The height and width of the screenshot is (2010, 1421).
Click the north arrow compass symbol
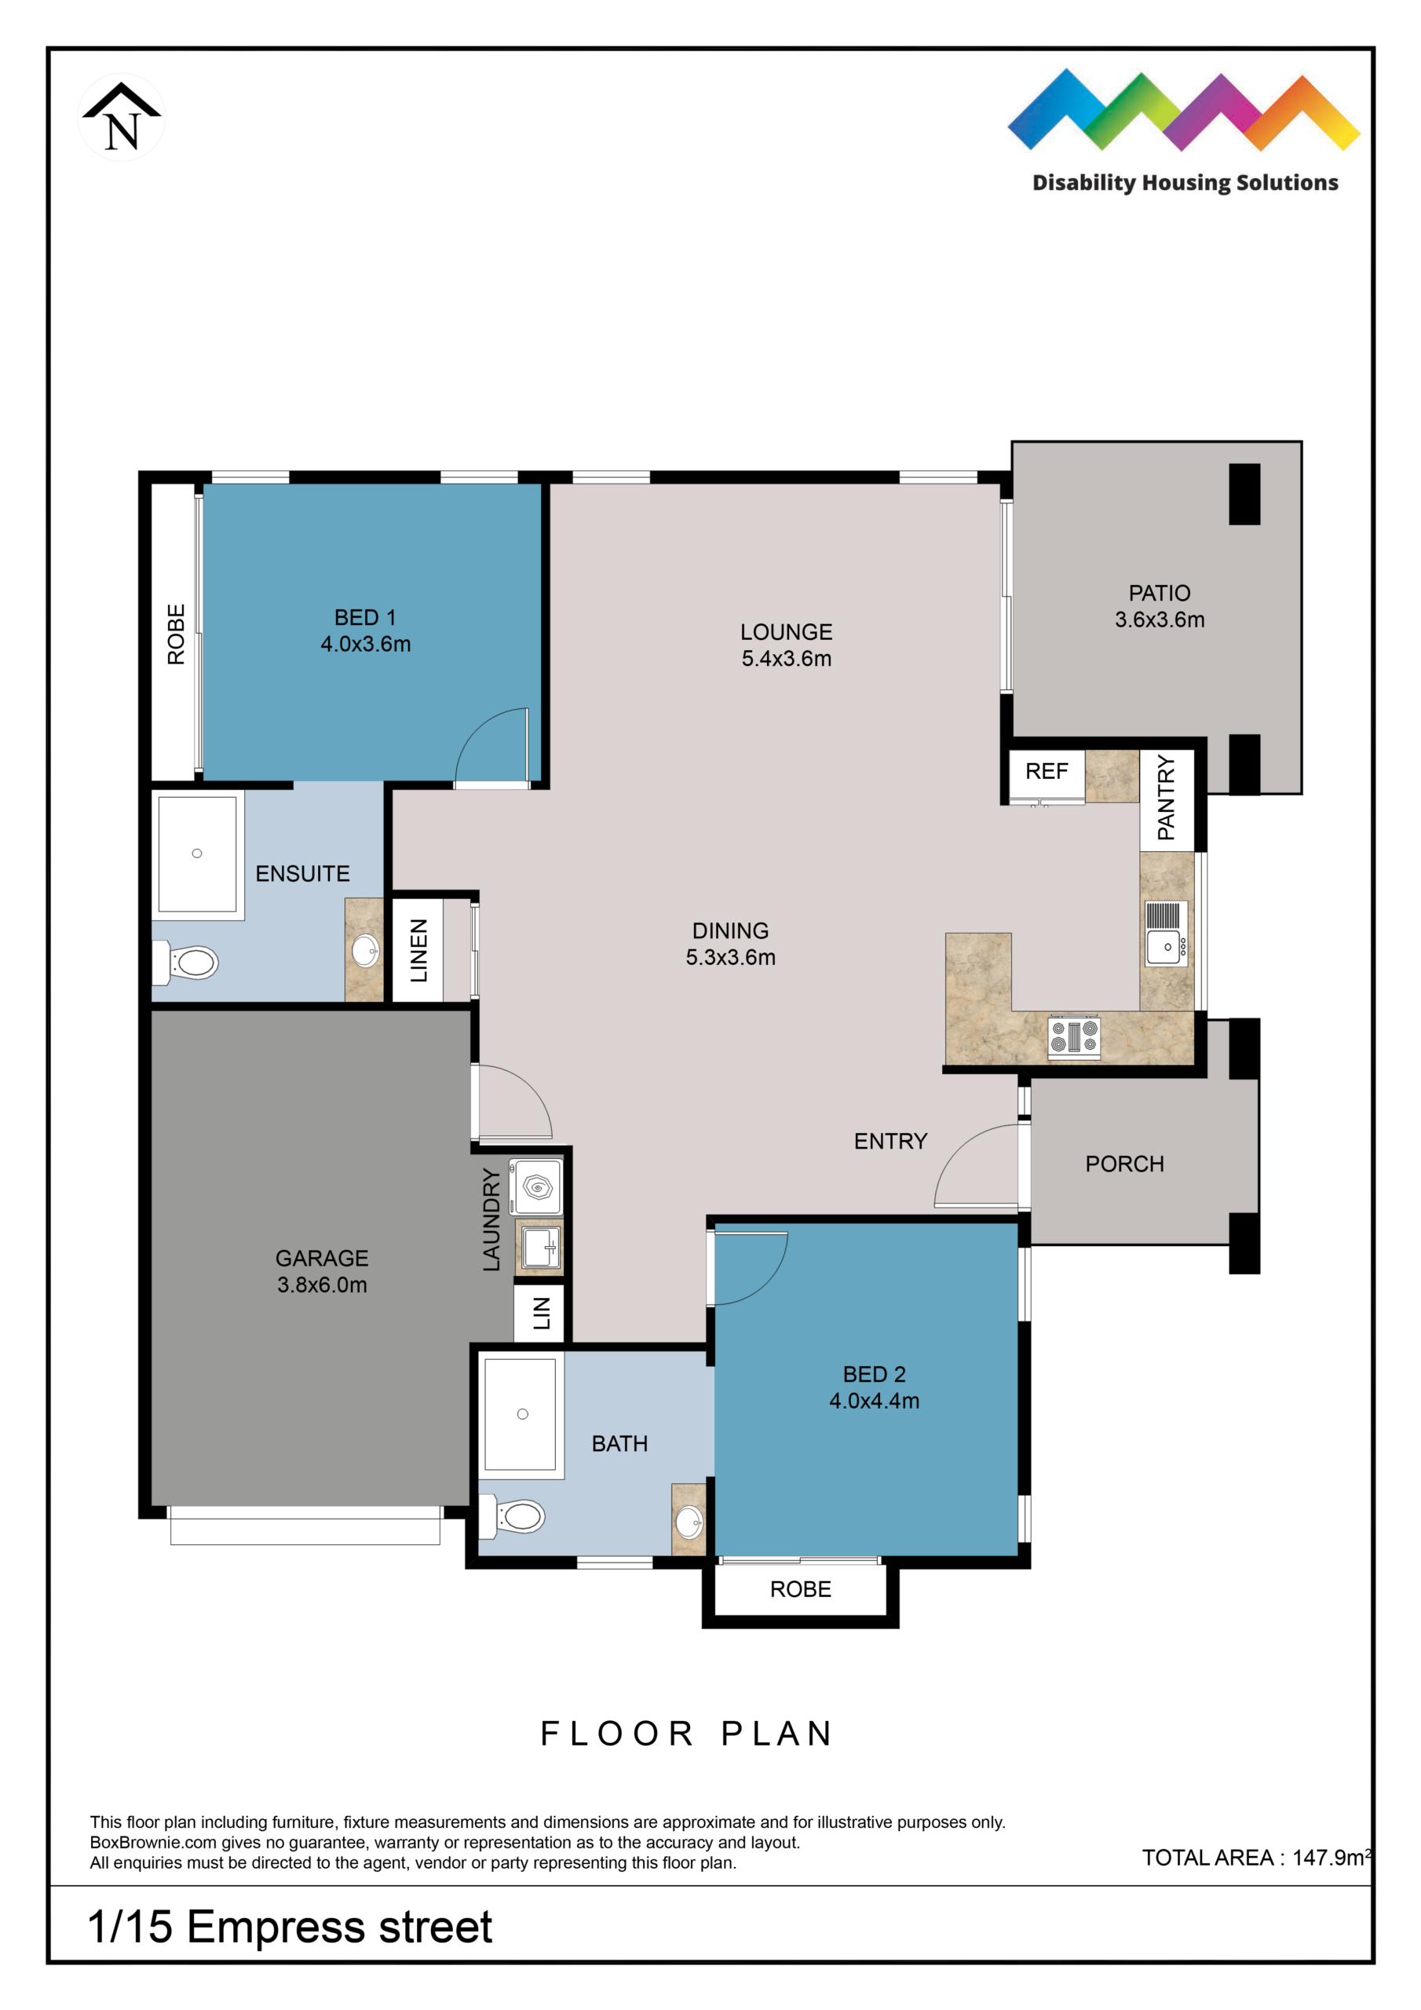pos(122,117)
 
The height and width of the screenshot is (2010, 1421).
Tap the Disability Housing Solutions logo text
pos(1185,183)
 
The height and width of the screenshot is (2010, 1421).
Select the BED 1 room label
pos(365,617)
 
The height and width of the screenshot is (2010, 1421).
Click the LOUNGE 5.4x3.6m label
pos(786,645)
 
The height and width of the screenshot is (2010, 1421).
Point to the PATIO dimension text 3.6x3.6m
pos(1160,619)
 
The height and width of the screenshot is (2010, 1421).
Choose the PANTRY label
pos(1166,799)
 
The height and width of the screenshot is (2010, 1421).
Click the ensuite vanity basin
pos(365,949)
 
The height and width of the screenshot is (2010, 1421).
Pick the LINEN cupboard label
pos(419,950)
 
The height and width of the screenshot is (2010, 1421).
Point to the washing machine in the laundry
pos(536,1187)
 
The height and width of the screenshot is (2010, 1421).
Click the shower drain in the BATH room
pos(523,1414)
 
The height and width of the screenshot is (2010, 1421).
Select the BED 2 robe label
pos(800,1589)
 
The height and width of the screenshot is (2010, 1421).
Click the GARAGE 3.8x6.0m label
pos(322,1271)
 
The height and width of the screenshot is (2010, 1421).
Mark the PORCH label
pos(1125,1164)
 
